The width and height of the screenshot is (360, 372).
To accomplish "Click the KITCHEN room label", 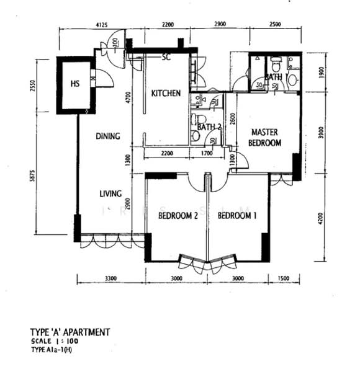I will click(166, 94).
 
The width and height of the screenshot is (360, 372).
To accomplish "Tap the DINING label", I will click(108, 136).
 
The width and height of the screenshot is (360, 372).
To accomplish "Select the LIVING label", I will click(110, 193).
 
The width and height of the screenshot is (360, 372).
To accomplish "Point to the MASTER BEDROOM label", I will click(265, 137).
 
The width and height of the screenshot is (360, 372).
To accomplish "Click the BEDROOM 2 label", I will click(178, 216).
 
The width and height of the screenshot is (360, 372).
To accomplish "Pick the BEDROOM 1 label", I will click(237, 216).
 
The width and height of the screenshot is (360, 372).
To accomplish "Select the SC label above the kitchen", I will click(166, 58).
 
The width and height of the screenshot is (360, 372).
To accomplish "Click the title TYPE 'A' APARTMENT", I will click(70, 332).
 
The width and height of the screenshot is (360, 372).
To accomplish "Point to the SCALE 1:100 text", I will click(55, 342).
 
